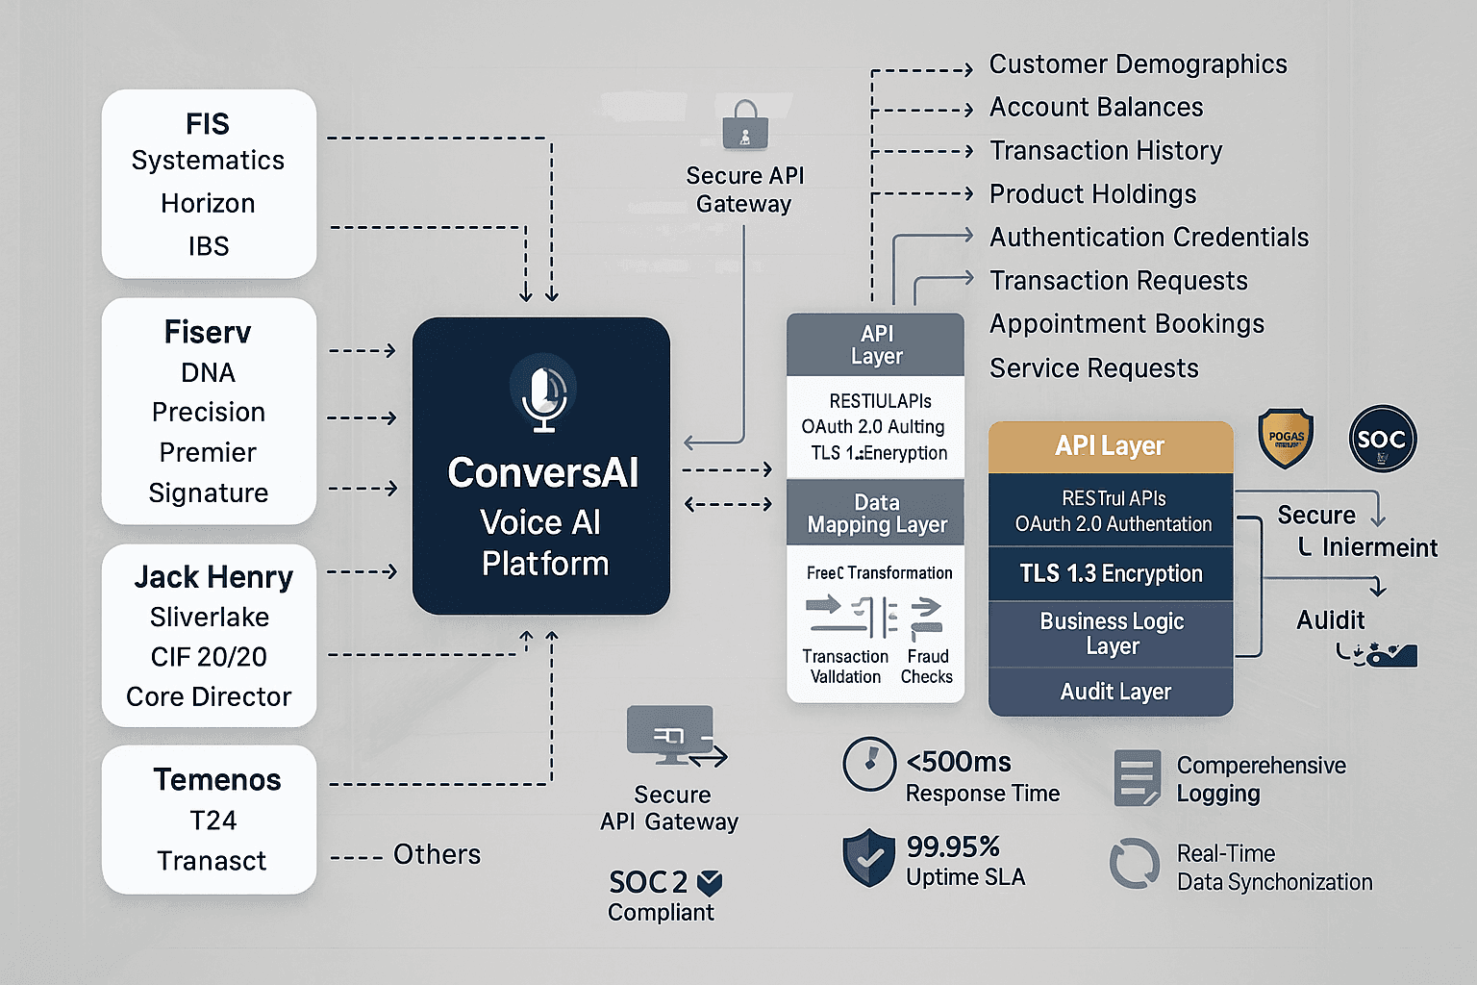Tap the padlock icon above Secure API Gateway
(745, 126)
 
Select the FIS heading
(208, 124)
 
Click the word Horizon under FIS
(208, 204)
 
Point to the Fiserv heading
(208, 333)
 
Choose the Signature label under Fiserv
(208, 493)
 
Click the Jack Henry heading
(213, 577)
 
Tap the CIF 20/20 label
(209, 657)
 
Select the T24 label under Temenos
(213, 821)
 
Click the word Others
(437, 854)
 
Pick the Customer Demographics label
(1138, 64)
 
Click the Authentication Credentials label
(1149, 238)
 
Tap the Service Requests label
(1094, 368)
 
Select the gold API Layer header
(1110, 446)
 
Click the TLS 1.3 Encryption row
(1111, 574)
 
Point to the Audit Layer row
(1114, 692)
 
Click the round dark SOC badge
(1382, 440)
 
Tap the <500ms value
(959, 763)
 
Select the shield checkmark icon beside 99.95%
(868, 857)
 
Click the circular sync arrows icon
(1135, 863)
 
